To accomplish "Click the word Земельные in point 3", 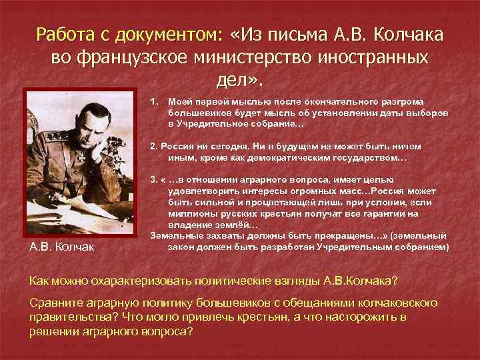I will click(175, 235).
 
